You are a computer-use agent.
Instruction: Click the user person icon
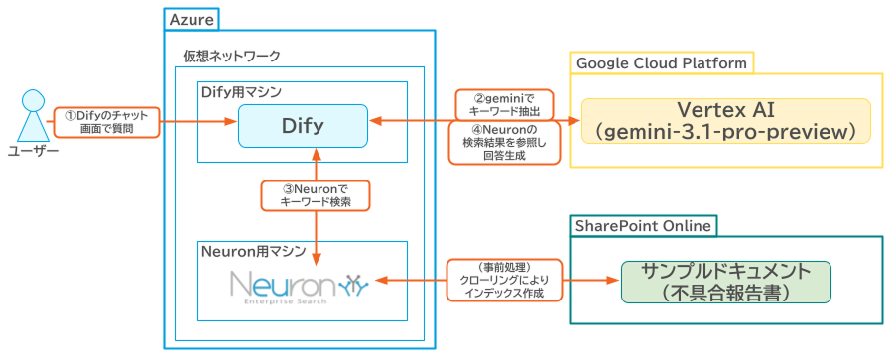tap(32, 117)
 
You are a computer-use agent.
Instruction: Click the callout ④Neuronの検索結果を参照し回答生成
tap(502, 143)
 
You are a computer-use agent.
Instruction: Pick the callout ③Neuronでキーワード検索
tap(317, 194)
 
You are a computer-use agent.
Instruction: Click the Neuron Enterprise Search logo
tap(299, 286)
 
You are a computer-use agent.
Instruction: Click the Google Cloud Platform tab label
tap(661, 63)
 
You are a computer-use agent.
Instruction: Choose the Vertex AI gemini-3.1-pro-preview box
tap(725, 121)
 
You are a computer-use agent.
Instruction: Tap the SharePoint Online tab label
tap(643, 225)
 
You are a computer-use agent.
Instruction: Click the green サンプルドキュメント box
tap(725, 282)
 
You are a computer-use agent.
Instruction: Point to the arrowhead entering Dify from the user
tap(231, 122)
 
